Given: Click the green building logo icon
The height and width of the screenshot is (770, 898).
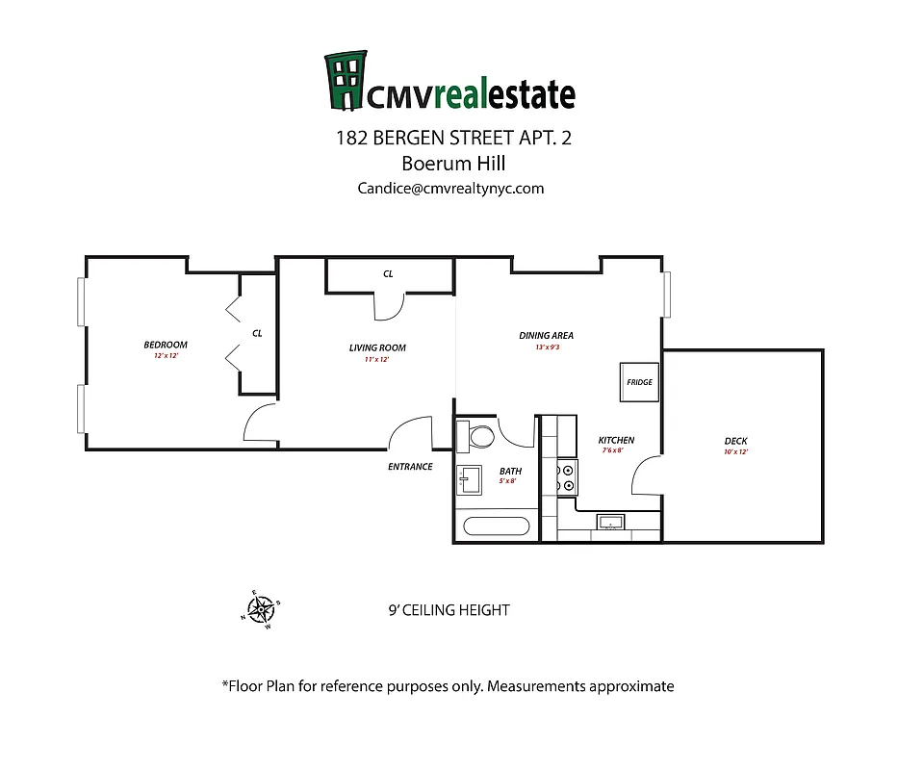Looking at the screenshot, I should click(x=346, y=81).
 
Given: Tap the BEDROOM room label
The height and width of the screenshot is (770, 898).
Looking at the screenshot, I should click(x=166, y=345).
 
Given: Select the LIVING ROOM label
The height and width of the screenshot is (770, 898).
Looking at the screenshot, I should click(x=377, y=347).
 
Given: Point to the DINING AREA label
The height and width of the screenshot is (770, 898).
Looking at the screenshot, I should click(x=546, y=335).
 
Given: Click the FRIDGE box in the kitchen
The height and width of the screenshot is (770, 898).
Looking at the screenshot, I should click(x=639, y=382).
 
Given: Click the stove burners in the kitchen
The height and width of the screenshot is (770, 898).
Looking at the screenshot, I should click(x=568, y=478).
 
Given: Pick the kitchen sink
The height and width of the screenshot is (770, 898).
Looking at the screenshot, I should click(x=609, y=523).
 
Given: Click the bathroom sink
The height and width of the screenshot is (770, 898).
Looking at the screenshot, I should click(x=470, y=477).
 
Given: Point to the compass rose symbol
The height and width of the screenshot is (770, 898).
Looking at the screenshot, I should click(x=260, y=608).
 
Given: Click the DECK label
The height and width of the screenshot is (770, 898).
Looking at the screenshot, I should click(x=735, y=442).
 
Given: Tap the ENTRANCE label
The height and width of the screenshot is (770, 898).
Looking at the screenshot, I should click(x=410, y=467).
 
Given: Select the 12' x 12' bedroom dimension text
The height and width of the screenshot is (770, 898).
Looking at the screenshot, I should click(x=166, y=356).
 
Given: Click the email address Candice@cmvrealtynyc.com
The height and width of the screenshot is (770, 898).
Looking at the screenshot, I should click(x=450, y=189).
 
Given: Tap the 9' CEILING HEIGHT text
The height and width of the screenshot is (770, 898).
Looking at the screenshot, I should click(x=448, y=610).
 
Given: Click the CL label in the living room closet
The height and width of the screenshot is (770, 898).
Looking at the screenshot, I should click(x=388, y=274).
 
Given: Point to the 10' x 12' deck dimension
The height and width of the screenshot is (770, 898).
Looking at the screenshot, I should click(x=735, y=451).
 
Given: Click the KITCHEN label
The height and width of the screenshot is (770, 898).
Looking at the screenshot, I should click(x=616, y=440).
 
